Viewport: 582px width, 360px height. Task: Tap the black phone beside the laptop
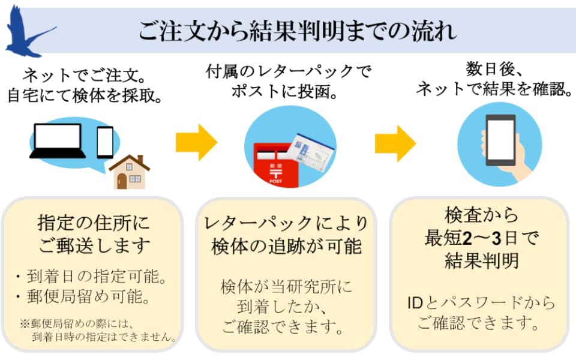(x=105, y=142)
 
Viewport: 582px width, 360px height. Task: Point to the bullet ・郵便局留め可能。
(x=91, y=298)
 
